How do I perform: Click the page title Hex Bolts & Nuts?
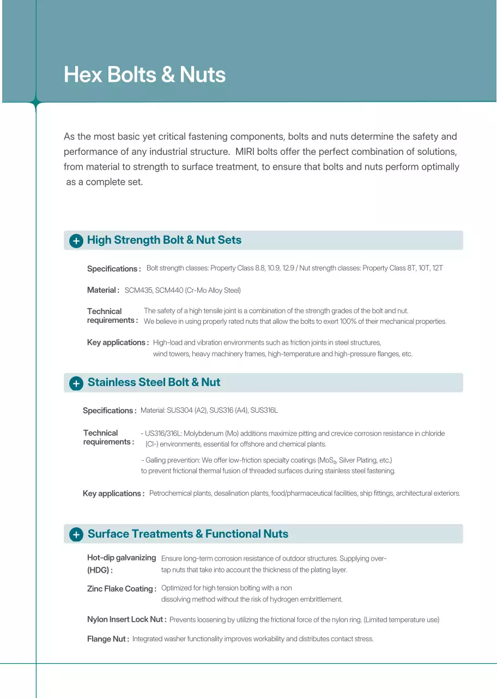click(144, 75)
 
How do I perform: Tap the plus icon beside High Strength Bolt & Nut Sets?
click(76, 241)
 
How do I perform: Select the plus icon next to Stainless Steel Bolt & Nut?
click(76, 383)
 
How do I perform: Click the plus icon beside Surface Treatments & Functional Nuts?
click(76, 534)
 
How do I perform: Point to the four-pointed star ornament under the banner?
click(36, 102)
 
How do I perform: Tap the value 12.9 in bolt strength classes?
click(288, 268)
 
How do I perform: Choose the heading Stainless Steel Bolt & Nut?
click(154, 382)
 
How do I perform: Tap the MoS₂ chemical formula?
click(327, 461)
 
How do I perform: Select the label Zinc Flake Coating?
click(121, 589)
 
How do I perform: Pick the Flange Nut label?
click(107, 639)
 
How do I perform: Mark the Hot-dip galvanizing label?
click(122, 558)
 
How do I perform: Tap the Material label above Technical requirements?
click(102, 290)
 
